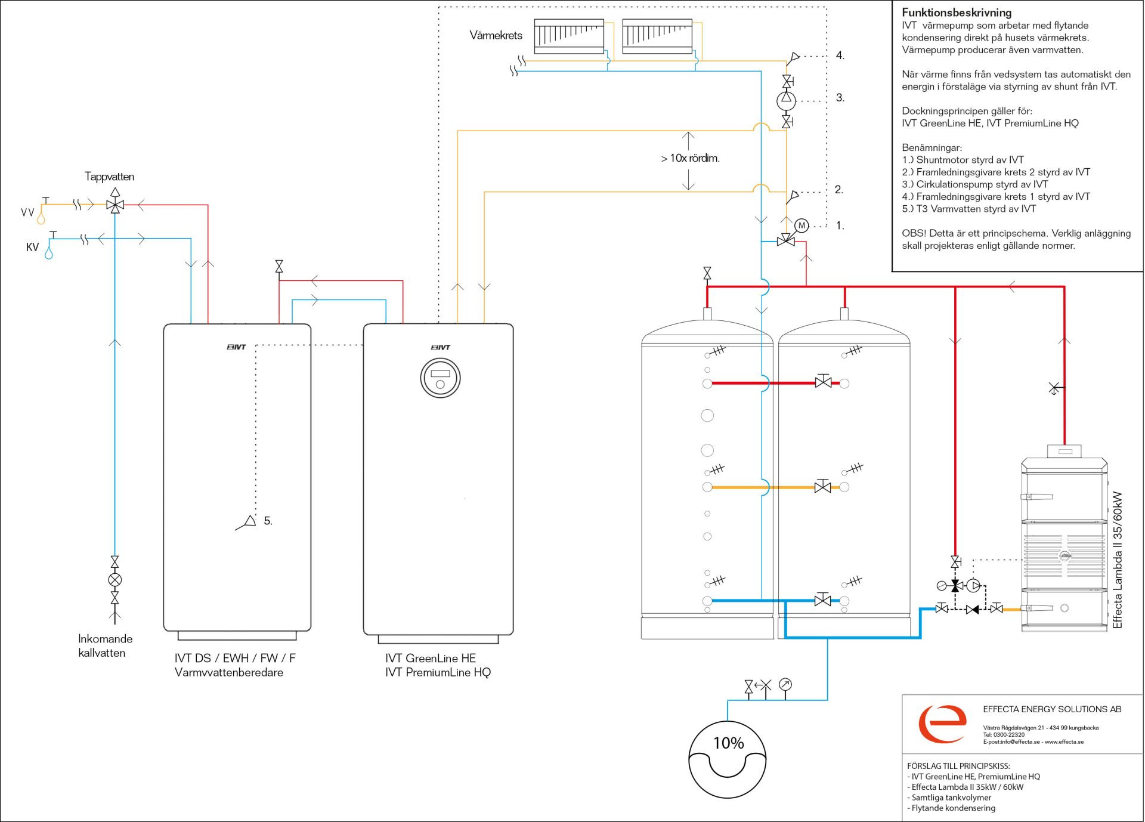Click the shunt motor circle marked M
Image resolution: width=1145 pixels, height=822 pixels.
click(802, 225)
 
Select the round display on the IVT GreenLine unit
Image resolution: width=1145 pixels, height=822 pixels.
click(440, 378)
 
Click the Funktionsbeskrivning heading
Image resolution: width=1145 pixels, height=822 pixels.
click(957, 13)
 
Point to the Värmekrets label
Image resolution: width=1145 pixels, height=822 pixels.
click(496, 35)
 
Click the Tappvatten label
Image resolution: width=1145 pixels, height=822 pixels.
click(109, 177)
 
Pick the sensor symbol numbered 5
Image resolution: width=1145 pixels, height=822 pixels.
click(246, 523)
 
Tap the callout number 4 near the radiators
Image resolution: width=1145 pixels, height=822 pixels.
click(840, 55)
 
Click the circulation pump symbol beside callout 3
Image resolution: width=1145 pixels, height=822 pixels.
click(786, 100)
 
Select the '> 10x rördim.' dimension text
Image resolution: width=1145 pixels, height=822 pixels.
click(690, 158)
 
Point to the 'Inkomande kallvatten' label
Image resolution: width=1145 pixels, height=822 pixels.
click(105, 645)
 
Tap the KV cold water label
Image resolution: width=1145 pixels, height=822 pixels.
click(32, 247)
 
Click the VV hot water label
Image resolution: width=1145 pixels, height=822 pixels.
click(27, 212)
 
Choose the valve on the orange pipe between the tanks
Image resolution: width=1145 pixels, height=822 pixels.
click(823, 487)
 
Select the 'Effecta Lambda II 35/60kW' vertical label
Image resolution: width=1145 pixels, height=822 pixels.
click(1118, 560)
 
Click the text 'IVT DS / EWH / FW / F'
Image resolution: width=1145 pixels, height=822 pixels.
click(235, 658)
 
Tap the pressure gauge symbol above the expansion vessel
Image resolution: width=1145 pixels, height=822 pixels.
click(785, 685)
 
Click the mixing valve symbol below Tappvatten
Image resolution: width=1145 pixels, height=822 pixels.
click(115, 205)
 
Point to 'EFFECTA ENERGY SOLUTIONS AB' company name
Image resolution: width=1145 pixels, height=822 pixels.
click(1052, 709)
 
